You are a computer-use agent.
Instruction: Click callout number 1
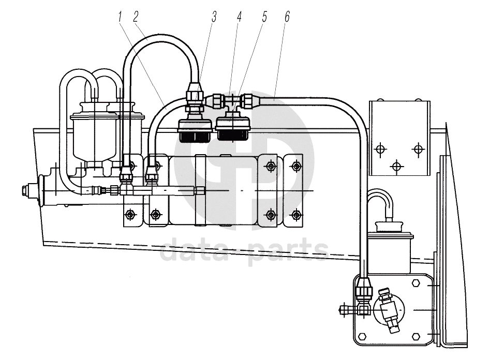click(120, 17)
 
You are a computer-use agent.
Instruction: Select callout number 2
click(136, 17)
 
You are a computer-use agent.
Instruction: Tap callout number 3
click(214, 17)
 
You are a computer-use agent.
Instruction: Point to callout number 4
click(239, 17)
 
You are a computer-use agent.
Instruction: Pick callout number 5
click(264, 17)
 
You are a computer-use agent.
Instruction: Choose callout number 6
click(287, 17)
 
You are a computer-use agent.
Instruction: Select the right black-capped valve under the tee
click(232, 128)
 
